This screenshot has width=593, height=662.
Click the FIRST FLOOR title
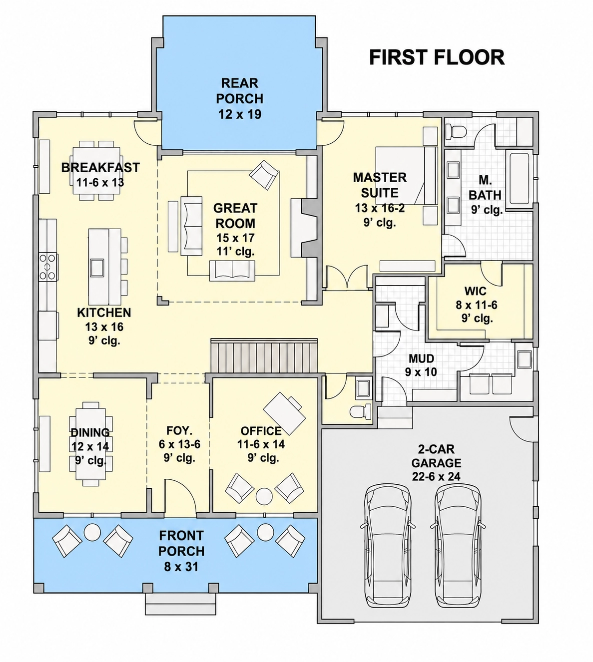pyautogui.click(x=437, y=57)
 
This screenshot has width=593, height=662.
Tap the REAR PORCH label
pyautogui.click(x=240, y=91)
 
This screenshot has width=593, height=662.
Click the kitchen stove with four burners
pyautogui.click(x=48, y=267)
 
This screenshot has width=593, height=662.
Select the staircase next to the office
pyautogui.click(x=264, y=355)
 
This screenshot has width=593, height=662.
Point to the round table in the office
pyautogui.click(x=264, y=496)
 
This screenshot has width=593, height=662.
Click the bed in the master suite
pyautogui.click(x=406, y=176)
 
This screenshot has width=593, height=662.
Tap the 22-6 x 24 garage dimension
pyautogui.click(x=436, y=477)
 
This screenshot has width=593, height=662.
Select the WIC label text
pyautogui.click(x=475, y=291)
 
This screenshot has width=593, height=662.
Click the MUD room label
pyautogui.click(x=421, y=358)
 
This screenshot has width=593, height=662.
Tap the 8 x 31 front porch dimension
pyautogui.click(x=181, y=567)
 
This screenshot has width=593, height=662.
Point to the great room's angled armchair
pyautogui.click(x=264, y=175)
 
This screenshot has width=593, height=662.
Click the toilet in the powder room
pyautogui.click(x=361, y=411)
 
